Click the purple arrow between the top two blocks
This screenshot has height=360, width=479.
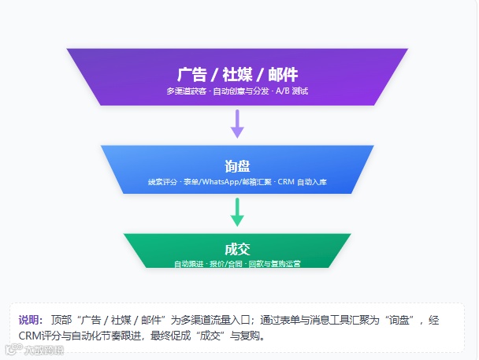tap(237, 123)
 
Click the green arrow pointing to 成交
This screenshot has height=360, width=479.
tap(237, 210)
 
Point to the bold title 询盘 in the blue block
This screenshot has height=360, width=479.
tap(237, 166)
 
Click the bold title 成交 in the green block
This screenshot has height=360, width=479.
tap(237, 249)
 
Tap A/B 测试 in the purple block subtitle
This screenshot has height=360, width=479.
tap(292, 91)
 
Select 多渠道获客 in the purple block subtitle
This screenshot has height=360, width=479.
tap(186, 91)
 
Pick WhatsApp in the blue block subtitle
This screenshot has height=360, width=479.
tap(221, 182)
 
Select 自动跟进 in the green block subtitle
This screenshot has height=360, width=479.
tap(189, 263)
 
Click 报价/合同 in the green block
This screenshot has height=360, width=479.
tap(227, 263)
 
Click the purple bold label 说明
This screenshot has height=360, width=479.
tap(30, 320)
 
